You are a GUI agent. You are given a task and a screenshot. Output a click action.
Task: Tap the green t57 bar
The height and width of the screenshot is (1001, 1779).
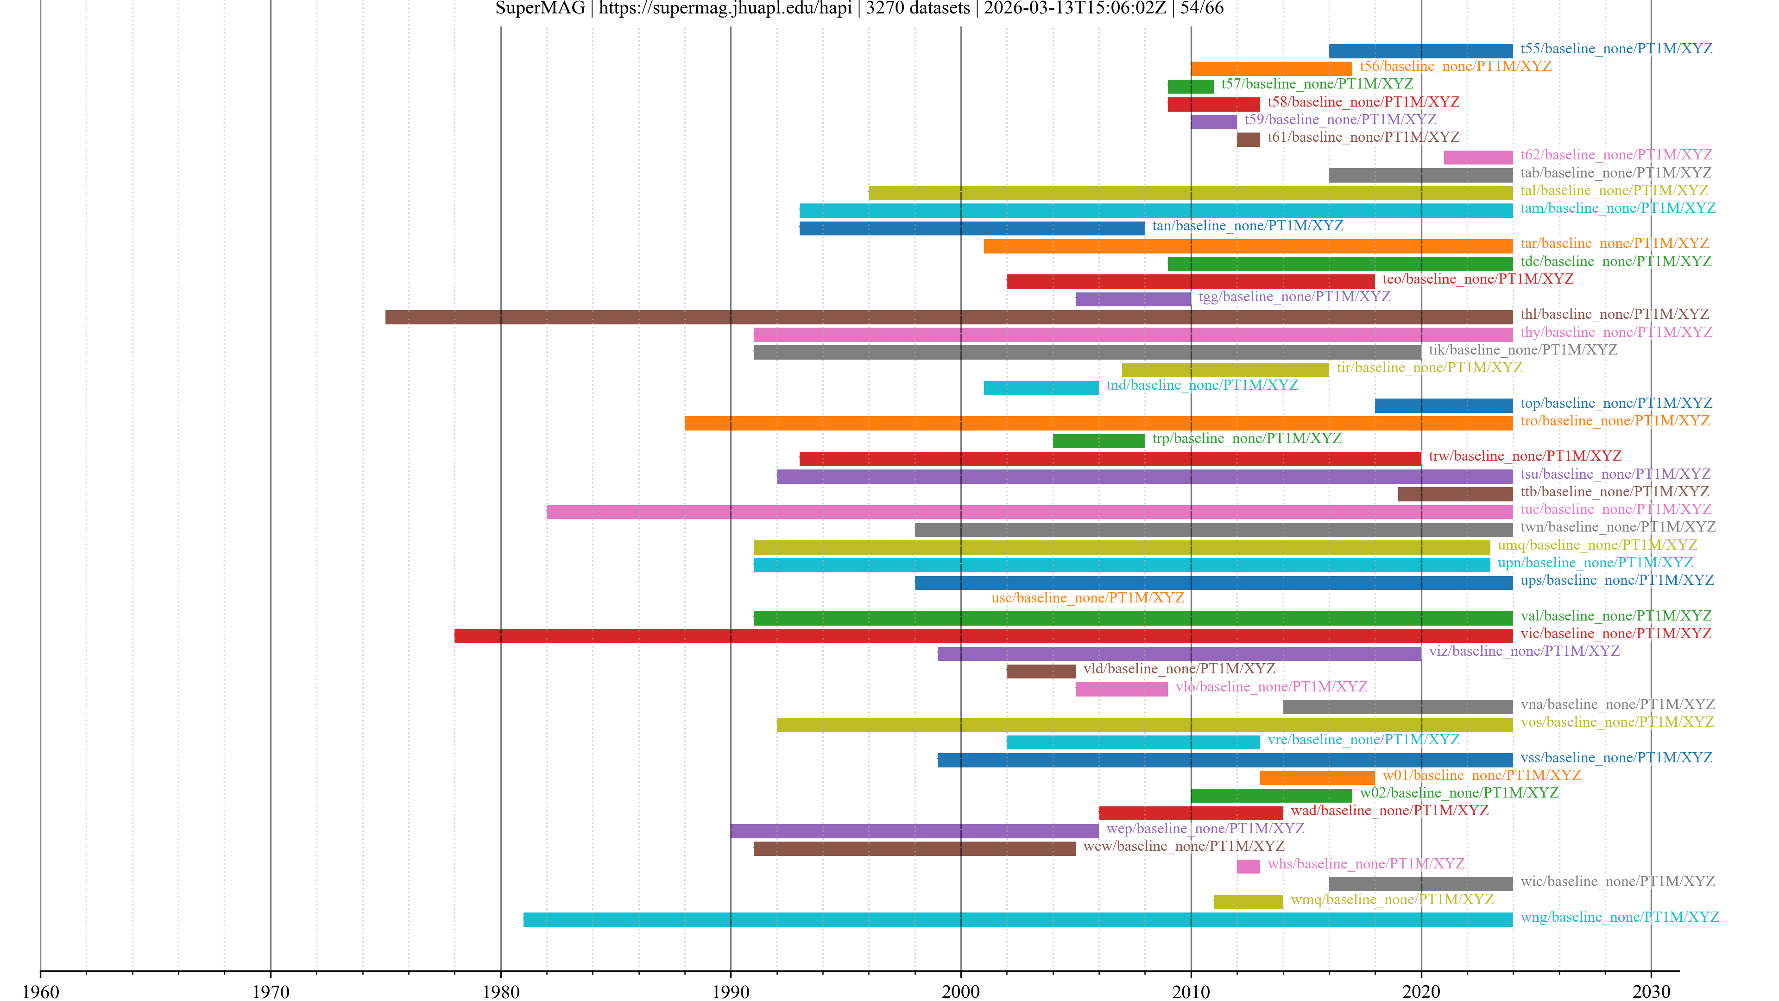pos(1190,86)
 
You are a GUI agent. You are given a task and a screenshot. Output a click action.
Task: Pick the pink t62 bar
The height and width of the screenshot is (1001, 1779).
pos(1477,158)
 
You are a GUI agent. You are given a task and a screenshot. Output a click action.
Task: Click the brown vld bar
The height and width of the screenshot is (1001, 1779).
pos(1040,672)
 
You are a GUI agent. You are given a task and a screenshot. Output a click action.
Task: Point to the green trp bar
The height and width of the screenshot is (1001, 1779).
pos(1098,441)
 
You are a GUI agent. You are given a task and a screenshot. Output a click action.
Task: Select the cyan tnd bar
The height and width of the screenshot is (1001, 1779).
pos(1041,387)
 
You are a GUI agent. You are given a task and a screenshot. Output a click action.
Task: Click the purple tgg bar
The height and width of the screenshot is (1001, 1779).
pos(1133,299)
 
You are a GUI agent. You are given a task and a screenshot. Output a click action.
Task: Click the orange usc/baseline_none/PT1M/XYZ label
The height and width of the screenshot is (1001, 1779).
pos(1087,597)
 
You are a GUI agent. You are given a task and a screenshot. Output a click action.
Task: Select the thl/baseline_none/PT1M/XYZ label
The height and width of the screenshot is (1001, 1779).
pos(1614,314)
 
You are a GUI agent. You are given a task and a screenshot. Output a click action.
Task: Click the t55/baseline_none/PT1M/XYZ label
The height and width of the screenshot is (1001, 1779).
pos(1615,48)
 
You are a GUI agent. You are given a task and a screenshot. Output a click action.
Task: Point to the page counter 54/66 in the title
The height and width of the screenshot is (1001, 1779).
pos(1202,8)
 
